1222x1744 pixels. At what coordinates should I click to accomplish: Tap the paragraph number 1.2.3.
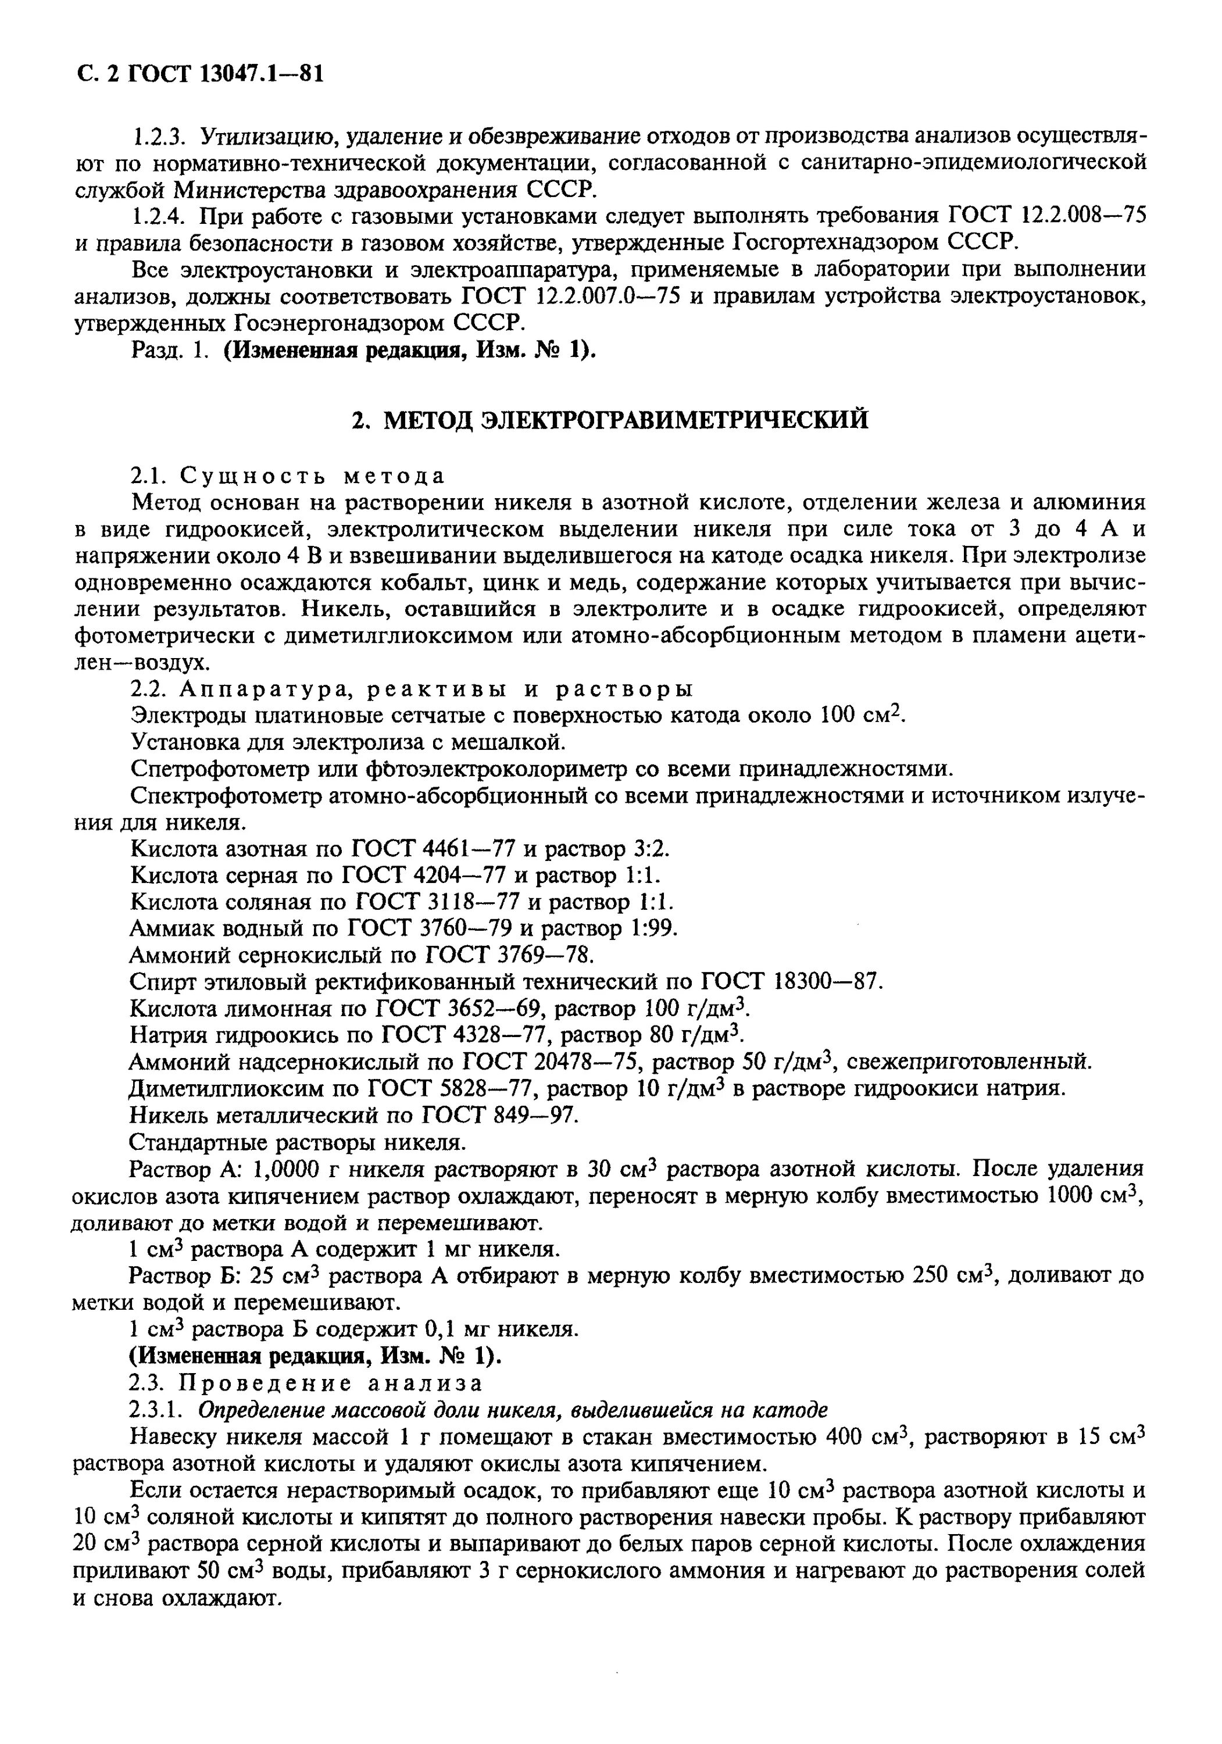point(157,137)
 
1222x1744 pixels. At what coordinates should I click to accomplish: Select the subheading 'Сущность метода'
point(310,476)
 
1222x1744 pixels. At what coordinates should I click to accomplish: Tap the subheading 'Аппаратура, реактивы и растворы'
point(434,689)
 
